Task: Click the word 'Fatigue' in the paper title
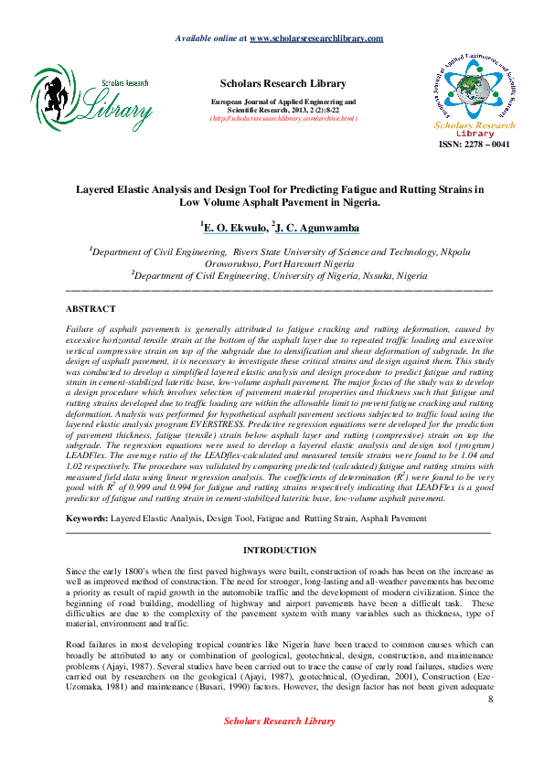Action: coord(354,191)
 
